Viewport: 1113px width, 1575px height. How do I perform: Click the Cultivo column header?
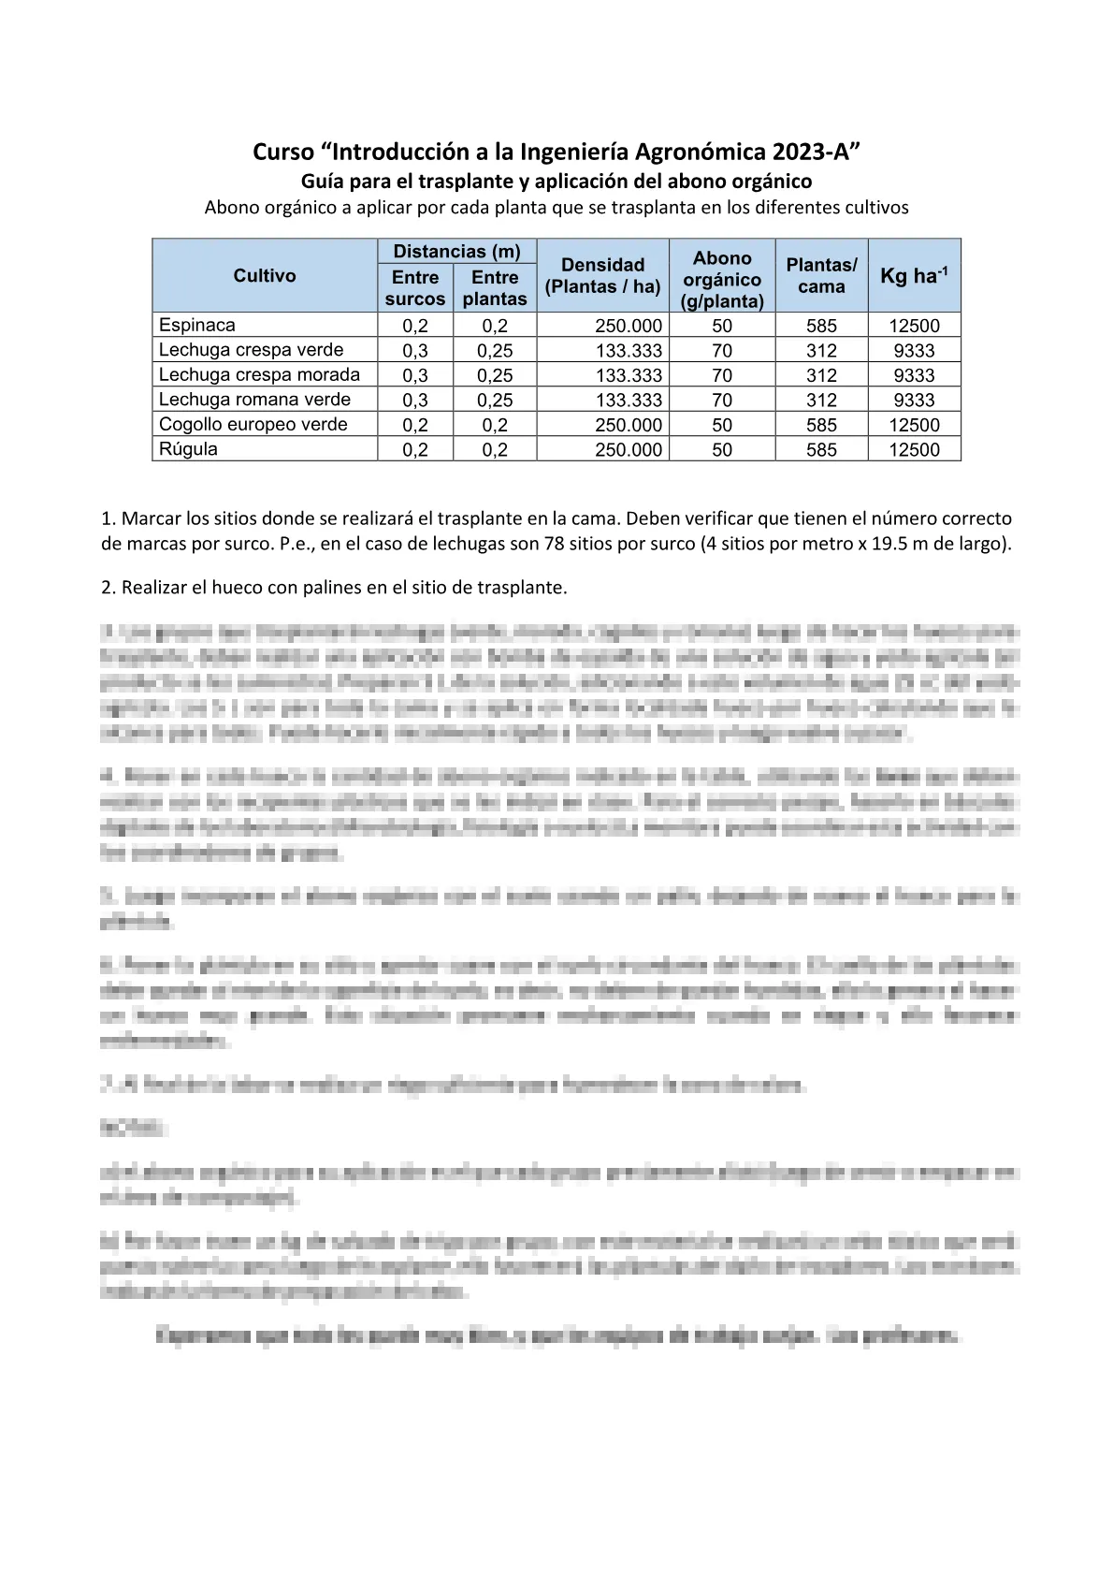click(265, 276)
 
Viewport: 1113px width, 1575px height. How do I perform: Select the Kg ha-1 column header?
click(914, 276)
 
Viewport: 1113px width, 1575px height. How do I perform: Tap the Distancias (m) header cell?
click(456, 251)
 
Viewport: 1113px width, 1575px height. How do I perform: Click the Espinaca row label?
click(197, 326)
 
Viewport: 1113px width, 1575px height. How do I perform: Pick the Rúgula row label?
click(188, 449)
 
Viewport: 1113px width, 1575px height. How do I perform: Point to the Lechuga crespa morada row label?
click(259, 375)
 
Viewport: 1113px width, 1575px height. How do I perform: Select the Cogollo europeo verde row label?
click(253, 425)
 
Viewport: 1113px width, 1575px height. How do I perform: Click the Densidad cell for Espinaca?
click(628, 326)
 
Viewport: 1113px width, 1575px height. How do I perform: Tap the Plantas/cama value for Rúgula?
click(821, 449)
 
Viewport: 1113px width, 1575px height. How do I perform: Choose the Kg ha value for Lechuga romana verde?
click(914, 400)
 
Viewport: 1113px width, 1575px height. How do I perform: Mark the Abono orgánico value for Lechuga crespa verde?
click(722, 351)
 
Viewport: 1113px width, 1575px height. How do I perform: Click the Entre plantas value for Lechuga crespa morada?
click(495, 375)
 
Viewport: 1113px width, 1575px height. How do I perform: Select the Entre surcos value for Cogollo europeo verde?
click(414, 425)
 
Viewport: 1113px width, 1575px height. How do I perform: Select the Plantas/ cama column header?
click(821, 276)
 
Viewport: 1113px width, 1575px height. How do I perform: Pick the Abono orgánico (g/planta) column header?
click(722, 279)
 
